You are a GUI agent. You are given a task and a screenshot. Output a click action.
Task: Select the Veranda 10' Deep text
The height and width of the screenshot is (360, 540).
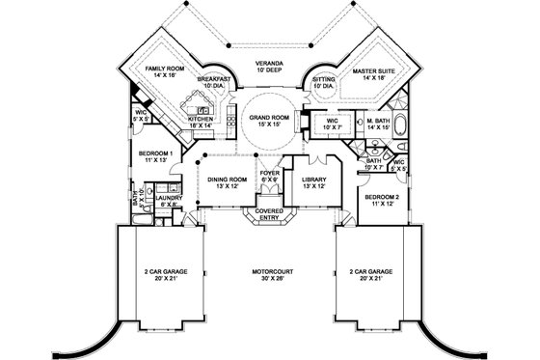pyautogui.click(x=269, y=66)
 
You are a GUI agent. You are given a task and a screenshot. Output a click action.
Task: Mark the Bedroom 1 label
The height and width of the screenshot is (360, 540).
pyautogui.click(x=155, y=157)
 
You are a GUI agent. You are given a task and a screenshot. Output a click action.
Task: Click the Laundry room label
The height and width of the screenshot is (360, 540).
pyautogui.click(x=168, y=201)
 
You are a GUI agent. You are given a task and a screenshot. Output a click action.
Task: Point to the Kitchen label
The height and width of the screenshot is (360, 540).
pyautogui.click(x=187, y=122)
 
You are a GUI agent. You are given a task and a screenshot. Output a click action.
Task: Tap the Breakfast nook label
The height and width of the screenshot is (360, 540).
pyautogui.click(x=214, y=82)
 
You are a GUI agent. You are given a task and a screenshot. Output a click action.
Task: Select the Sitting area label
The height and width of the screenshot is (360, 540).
pyautogui.click(x=323, y=82)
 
